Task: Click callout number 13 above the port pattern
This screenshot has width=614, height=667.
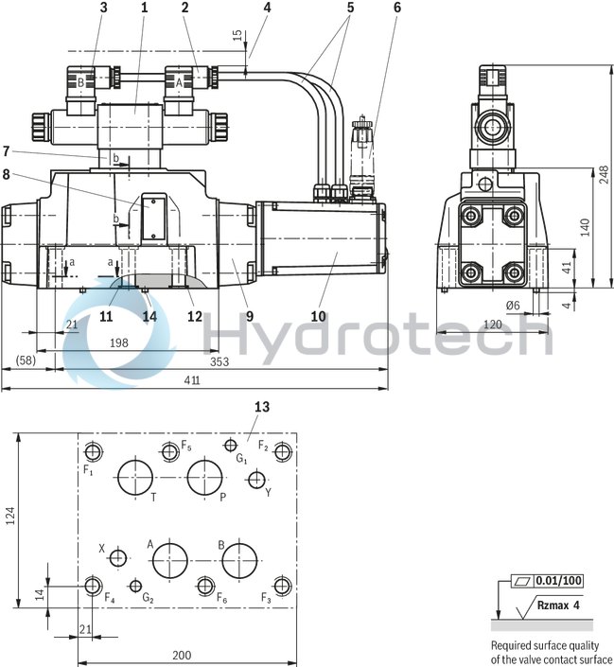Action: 262,406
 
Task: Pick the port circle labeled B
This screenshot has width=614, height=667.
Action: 238,560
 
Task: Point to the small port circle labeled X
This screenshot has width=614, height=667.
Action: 117,559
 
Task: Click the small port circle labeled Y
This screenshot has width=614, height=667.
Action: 254,481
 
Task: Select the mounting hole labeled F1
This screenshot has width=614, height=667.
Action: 92,450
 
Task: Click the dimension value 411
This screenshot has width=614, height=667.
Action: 191,380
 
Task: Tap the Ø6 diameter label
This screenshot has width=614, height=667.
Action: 514,305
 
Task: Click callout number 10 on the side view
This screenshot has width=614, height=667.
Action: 317,317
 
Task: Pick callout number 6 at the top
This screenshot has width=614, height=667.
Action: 396,8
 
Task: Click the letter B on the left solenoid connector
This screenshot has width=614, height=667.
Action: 81,82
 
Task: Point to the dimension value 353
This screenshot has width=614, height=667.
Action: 220,360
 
